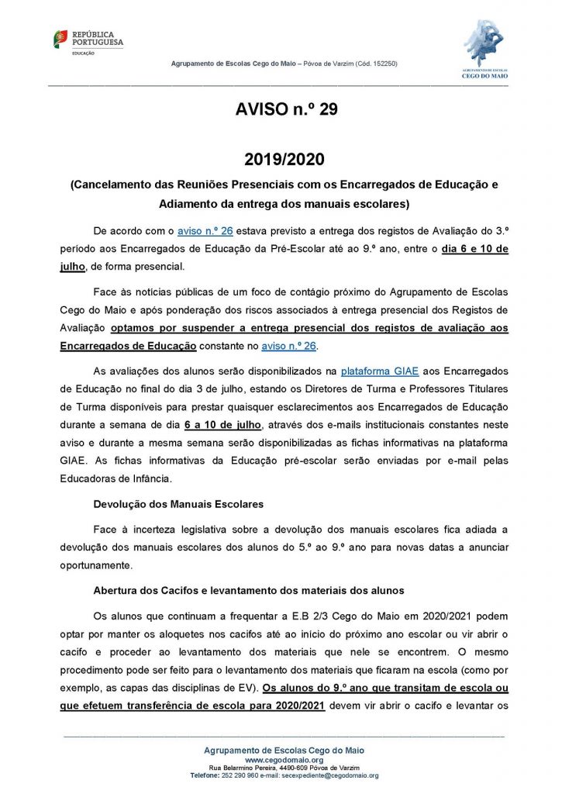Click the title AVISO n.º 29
pyautogui.click(x=286, y=110)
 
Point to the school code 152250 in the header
pyautogui.click(x=383, y=64)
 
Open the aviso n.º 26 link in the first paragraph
pyautogui.click(x=205, y=231)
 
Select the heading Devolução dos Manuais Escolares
pyautogui.click(x=178, y=504)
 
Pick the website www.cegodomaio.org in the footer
pyautogui.click(x=283, y=761)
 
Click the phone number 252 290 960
pyautogui.click(x=240, y=775)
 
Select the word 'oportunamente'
pyautogui.click(x=97, y=564)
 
